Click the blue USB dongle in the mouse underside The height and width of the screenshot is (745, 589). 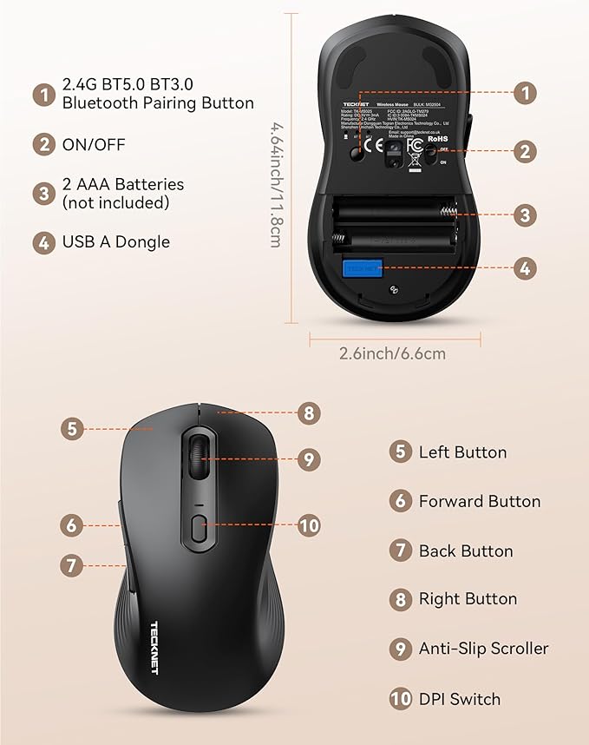362,268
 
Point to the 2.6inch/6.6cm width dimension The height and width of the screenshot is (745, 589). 392,353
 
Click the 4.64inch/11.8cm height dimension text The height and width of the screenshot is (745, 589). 275,184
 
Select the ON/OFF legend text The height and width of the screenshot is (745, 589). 94,144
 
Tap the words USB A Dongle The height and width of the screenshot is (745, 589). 115,242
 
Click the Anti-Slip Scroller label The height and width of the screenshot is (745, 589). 483,649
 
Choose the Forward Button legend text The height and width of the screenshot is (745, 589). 479,501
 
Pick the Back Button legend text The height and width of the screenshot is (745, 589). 465,551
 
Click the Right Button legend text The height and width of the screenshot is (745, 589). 468,599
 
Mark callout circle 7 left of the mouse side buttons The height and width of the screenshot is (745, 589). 73,565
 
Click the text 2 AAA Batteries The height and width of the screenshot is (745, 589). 123,184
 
